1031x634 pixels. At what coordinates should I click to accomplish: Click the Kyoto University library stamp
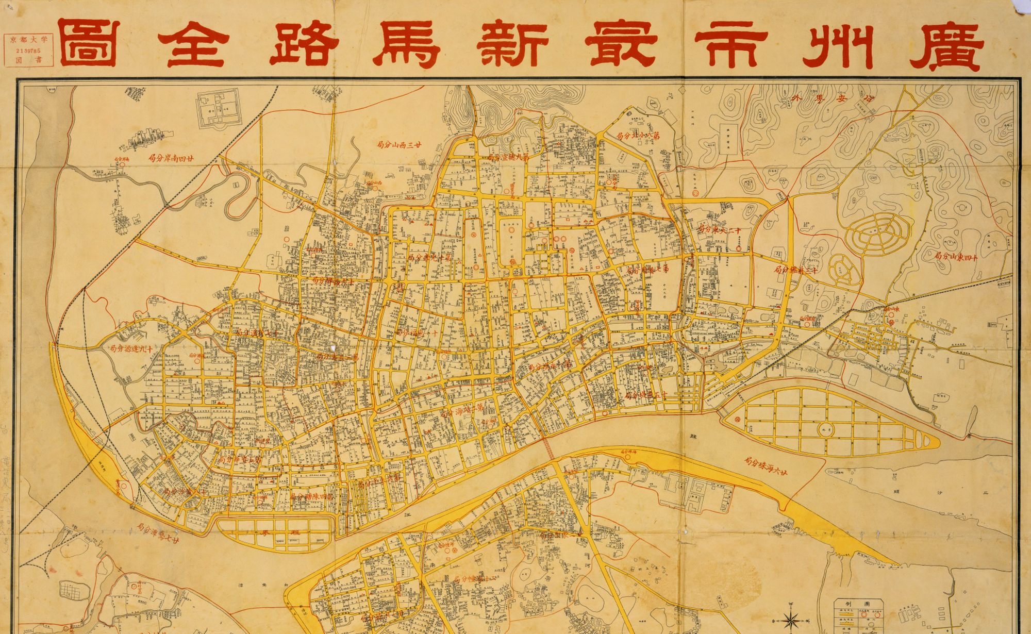point(28,50)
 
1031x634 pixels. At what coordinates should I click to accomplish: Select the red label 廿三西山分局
point(400,145)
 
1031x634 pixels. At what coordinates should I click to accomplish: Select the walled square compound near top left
point(219,109)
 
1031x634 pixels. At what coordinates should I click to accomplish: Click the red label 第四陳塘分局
point(311,496)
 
